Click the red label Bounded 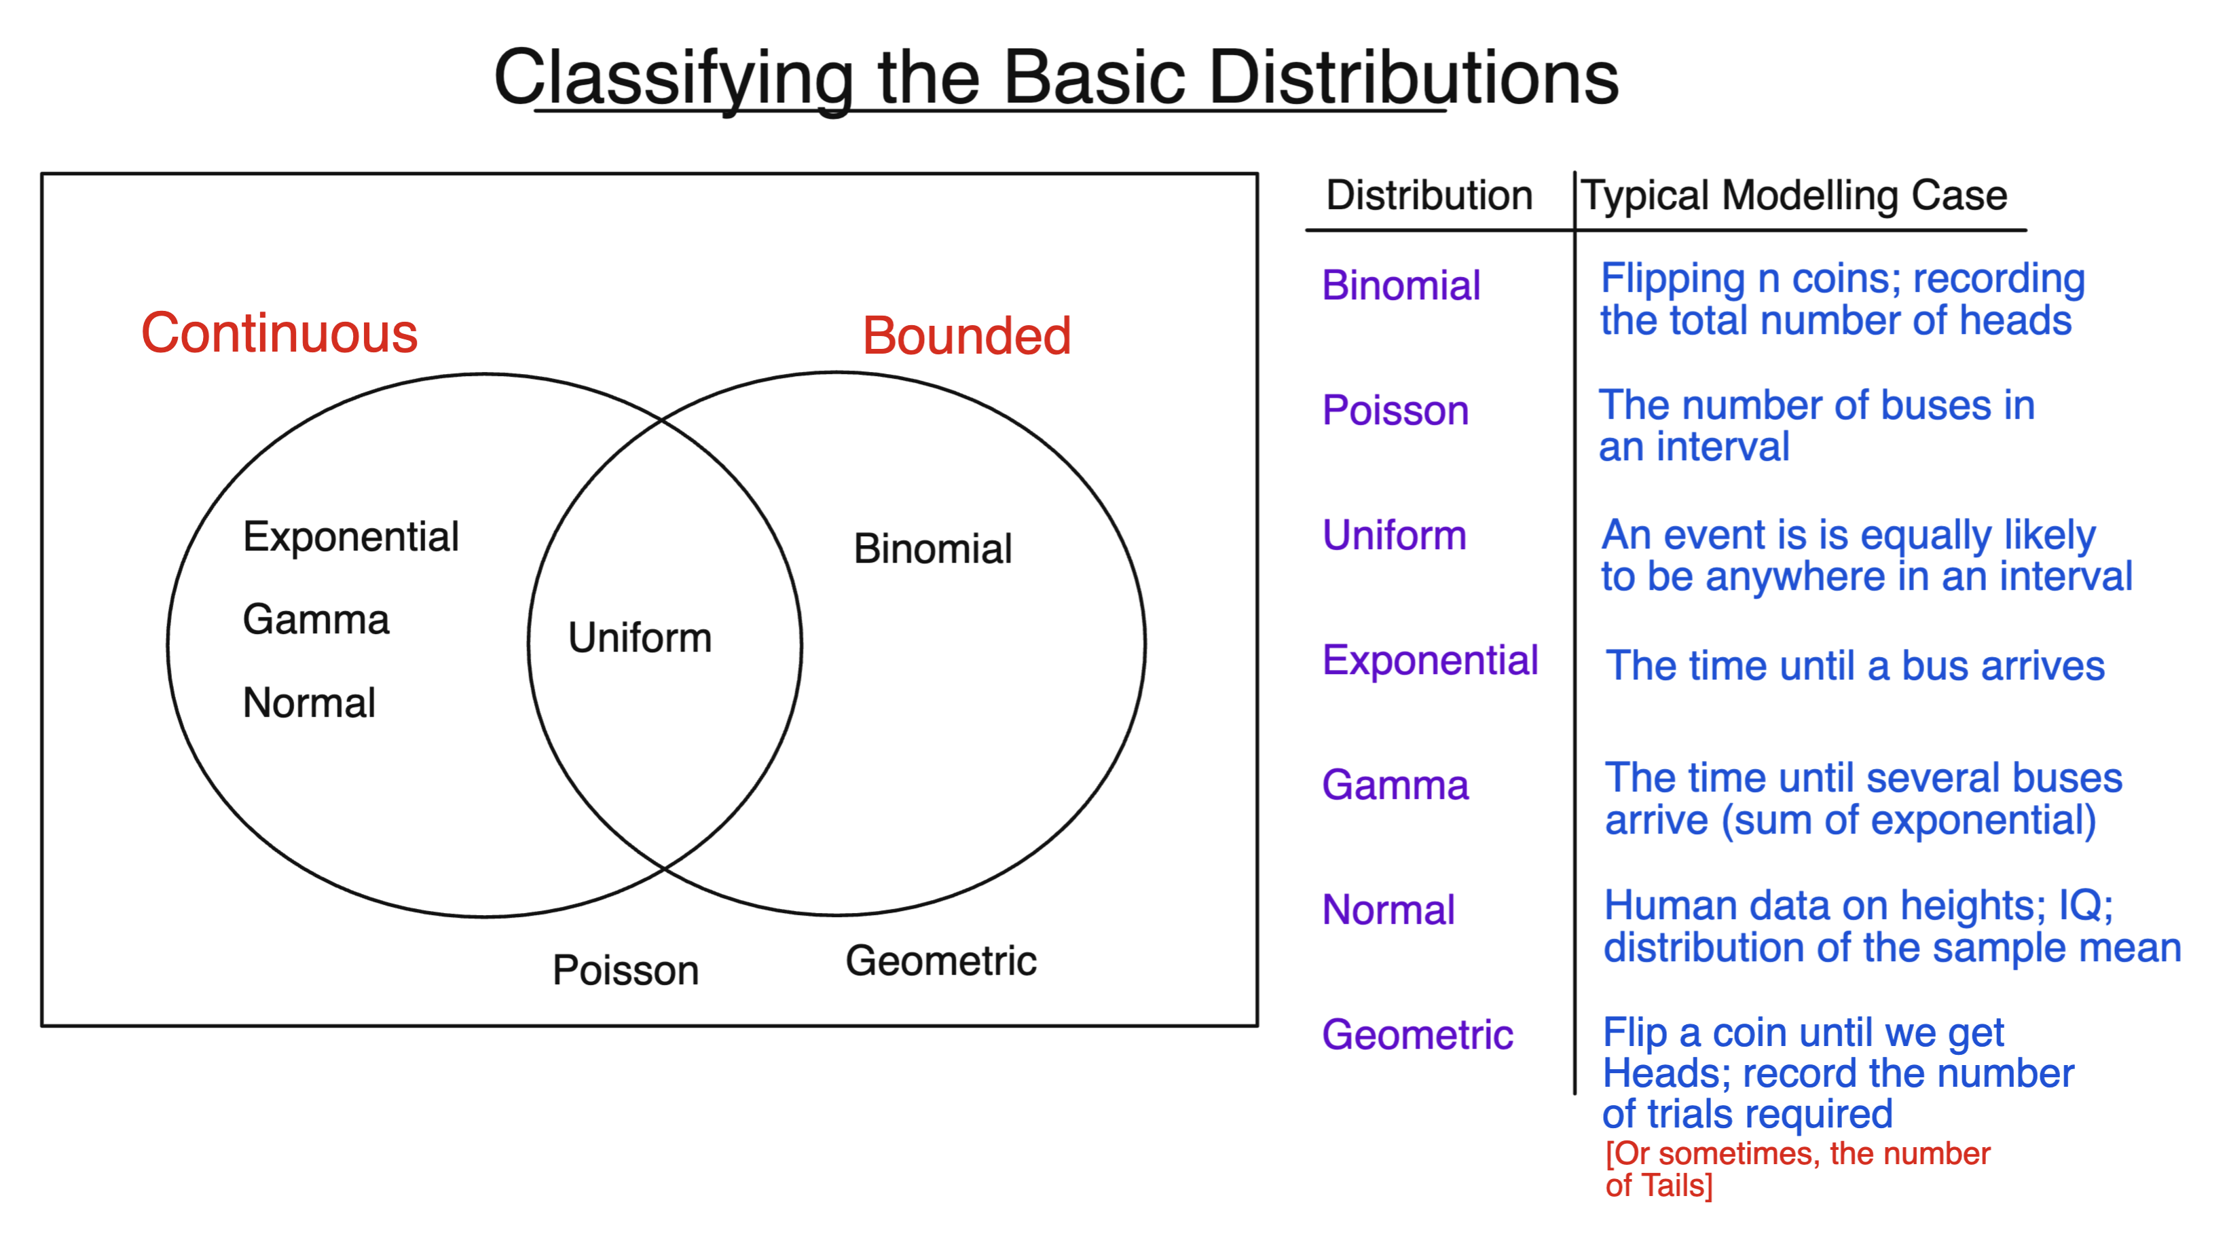pyautogui.click(x=967, y=335)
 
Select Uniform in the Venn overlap pyautogui.click(x=640, y=638)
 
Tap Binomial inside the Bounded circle pyautogui.click(x=932, y=549)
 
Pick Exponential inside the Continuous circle pyautogui.click(x=350, y=537)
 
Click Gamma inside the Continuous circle pyautogui.click(x=316, y=620)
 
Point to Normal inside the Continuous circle pyautogui.click(x=309, y=703)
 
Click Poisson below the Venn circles pyautogui.click(x=625, y=970)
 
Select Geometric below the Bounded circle pyautogui.click(x=940, y=961)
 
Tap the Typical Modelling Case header pyautogui.click(x=1794, y=195)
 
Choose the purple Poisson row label pyautogui.click(x=1395, y=410)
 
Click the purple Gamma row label pyautogui.click(x=1395, y=785)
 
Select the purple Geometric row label pyautogui.click(x=1417, y=1034)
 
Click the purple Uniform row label pyautogui.click(x=1394, y=535)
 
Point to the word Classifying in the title pyautogui.click(x=674, y=78)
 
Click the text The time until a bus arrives pyautogui.click(x=1854, y=665)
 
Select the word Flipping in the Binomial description pyautogui.click(x=1673, y=279)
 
